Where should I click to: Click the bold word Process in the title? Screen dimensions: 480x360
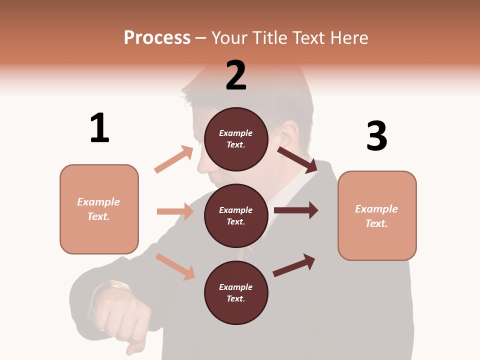(157, 38)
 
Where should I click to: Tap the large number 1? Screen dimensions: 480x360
(99, 128)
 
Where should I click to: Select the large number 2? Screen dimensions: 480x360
(236, 75)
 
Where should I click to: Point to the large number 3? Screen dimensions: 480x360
(376, 136)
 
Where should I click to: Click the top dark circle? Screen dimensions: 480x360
(236, 139)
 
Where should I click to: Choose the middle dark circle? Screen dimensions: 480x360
(236, 215)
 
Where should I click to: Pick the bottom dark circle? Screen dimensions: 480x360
(236, 292)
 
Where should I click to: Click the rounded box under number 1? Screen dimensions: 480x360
(99, 209)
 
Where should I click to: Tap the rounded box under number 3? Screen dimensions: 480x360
(377, 215)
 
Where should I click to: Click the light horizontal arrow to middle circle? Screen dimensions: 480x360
(175, 211)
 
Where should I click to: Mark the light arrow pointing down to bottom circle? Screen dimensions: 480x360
(175, 266)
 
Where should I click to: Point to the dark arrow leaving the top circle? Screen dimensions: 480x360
(297, 159)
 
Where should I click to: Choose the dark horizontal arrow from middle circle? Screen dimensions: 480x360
(296, 210)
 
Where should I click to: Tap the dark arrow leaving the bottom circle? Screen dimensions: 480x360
(294, 265)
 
